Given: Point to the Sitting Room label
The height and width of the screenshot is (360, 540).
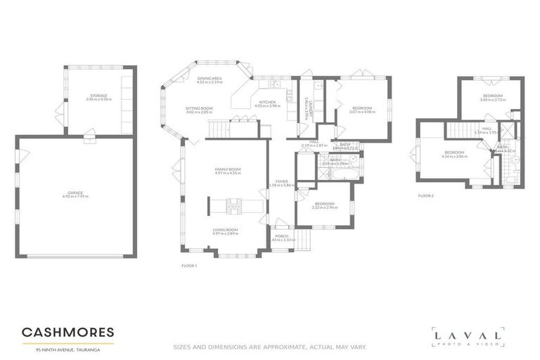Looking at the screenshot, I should point(199,110).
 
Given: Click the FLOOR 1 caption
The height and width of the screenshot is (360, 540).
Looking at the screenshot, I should point(189,265).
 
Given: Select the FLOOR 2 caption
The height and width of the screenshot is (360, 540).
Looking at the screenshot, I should point(426,195).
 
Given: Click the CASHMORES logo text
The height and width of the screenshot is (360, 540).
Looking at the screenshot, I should point(67,332).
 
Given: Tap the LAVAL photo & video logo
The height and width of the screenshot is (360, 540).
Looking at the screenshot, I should point(468,337).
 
